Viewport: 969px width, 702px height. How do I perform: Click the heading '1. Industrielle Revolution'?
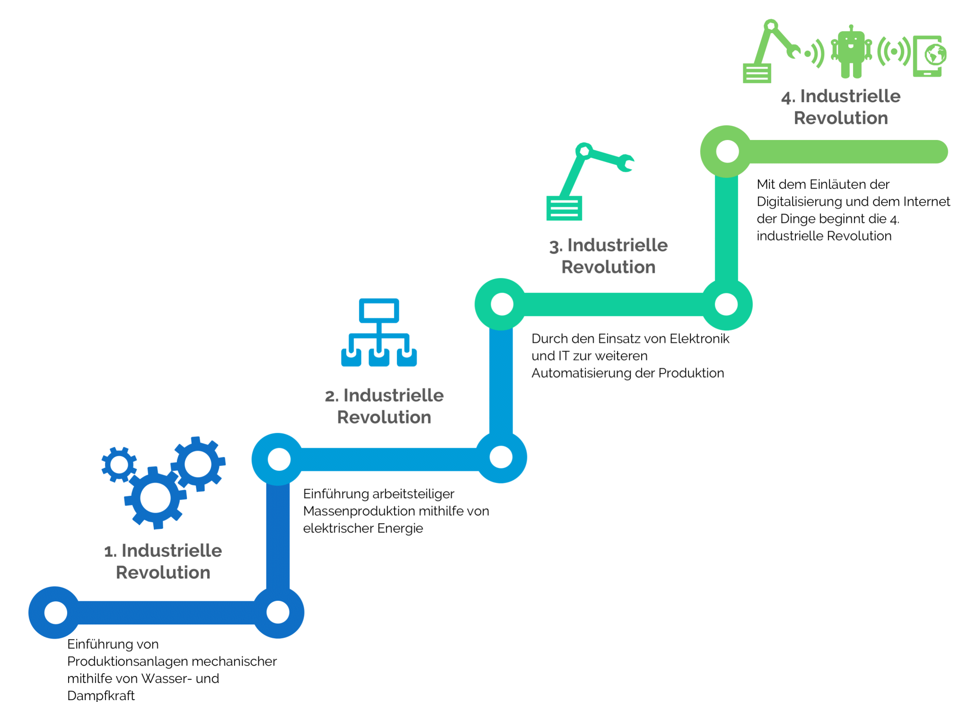pos(163,561)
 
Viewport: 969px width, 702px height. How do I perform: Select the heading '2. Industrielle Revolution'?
pos(384,406)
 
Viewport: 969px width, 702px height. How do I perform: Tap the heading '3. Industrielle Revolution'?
pos(608,256)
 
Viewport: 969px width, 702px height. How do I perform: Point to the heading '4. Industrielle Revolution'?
pos(841,107)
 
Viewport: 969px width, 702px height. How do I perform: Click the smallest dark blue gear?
pos(119,465)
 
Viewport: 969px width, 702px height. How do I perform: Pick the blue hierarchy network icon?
pos(379,333)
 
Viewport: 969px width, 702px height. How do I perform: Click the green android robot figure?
pos(851,52)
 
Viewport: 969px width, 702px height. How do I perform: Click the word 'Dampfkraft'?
pos(101,695)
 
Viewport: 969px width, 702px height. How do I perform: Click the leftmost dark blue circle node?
pos(55,613)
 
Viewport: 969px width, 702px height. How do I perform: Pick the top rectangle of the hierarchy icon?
pos(379,310)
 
